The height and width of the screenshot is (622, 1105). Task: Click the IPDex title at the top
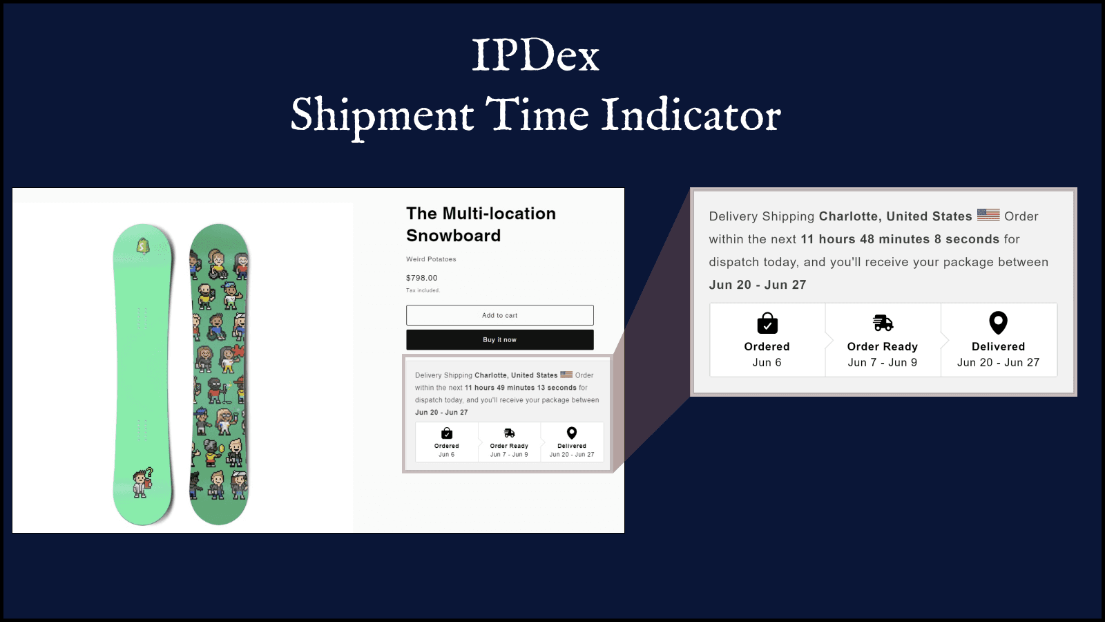(x=535, y=55)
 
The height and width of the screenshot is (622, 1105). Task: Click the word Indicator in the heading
(x=691, y=115)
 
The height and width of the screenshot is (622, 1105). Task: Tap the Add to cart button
(x=499, y=315)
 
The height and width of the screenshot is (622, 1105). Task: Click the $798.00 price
(x=421, y=278)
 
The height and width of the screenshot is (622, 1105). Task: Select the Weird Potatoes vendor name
(x=431, y=259)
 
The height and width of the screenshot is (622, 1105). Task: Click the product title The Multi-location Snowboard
(x=481, y=225)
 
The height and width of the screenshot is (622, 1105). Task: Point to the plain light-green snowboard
(x=142, y=373)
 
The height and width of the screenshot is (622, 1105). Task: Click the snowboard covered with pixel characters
(x=219, y=373)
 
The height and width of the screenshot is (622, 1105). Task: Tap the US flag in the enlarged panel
(x=988, y=215)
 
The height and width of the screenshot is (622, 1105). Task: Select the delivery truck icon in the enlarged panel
(x=883, y=323)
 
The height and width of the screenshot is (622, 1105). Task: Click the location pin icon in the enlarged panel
(x=998, y=323)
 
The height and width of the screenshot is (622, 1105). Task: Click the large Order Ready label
(x=882, y=346)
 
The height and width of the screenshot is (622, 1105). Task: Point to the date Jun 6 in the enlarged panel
(x=767, y=362)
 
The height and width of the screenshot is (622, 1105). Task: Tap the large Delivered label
(x=998, y=346)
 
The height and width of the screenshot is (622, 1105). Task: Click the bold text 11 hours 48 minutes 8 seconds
(x=900, y=239)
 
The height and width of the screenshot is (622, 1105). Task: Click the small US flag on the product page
(x=566, y=375)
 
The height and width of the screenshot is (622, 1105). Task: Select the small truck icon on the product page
(x=509, y=433)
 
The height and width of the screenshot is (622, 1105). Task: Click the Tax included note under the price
(x=423, y=290)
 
